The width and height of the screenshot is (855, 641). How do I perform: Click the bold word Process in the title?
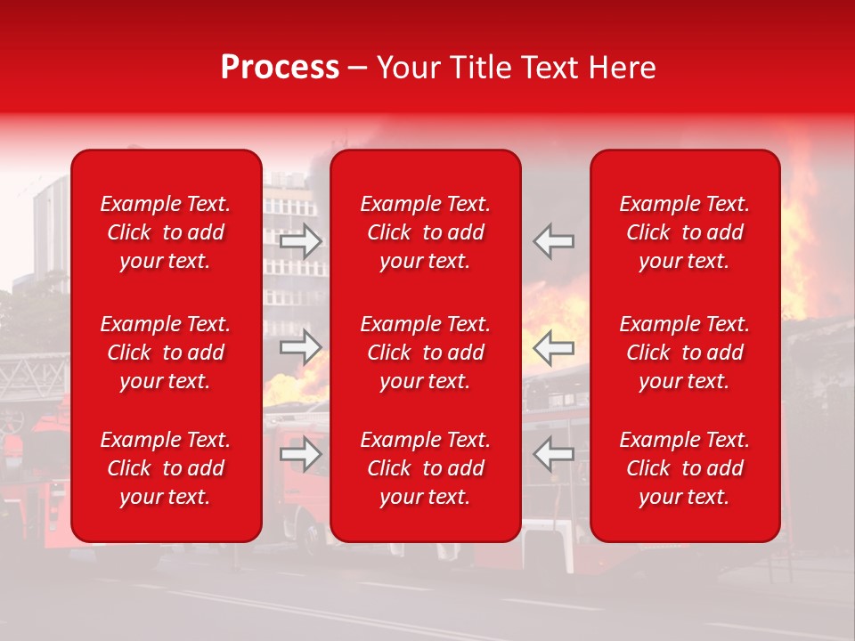pos(280,68)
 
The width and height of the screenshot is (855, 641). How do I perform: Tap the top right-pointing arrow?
pos(301,241)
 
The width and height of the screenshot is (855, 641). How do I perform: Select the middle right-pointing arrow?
pos(301,347)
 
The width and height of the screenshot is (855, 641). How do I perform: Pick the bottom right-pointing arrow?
pos(301,454)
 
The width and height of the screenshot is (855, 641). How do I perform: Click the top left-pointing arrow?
pos(554,241)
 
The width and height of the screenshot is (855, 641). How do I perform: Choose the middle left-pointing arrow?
pos(554,347)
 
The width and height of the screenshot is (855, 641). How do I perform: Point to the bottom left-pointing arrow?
pos(554,454)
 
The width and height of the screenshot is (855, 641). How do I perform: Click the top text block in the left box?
pos(166,232)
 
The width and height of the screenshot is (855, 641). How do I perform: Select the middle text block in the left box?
pos(166,353)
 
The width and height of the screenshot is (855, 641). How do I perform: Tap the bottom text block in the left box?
pos(166,468)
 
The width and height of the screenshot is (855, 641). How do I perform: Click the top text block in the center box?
pos(425,232)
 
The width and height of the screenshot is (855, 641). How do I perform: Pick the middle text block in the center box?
pos(425,353)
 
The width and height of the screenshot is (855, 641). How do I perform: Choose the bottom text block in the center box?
pos(425,468)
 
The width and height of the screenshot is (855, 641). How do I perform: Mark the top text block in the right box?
pos(684,232)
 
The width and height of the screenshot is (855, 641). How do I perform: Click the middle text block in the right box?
pos(684,353)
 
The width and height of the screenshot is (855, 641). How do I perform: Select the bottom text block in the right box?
pos(684,468)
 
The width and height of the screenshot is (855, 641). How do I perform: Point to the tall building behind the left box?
pos(51,223)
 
